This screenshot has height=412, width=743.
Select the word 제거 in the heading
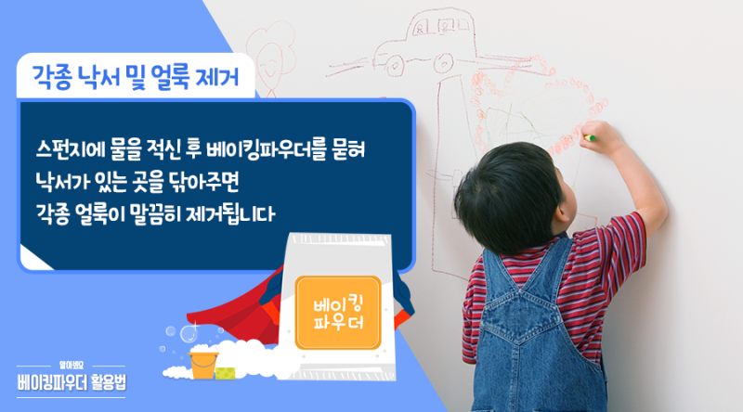(x=217, y=77)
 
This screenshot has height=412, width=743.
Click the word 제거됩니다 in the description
(x=230, y=213)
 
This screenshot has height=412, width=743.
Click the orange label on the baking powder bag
(x=338, y=313)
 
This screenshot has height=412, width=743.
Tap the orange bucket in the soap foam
(x=203, y=365)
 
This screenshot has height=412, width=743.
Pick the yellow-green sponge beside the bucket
(x=226, y=373)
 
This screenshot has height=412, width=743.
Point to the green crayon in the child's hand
(x=590, y=138)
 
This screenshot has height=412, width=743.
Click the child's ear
(x=562, y=209)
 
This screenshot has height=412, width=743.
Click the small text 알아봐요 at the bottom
(x=72, y=365)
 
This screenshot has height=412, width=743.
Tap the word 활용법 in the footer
(x=109, y=381)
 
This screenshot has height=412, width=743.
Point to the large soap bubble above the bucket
(x=189, y=333)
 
